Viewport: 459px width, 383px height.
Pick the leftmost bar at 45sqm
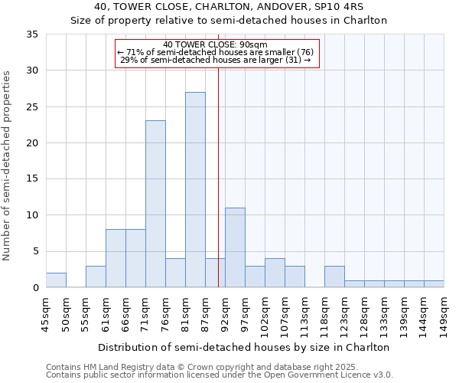56,280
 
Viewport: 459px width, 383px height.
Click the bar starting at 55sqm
96,277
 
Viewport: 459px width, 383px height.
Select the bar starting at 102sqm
275,273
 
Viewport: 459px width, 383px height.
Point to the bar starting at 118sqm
334,277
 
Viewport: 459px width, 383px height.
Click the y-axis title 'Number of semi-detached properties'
8,165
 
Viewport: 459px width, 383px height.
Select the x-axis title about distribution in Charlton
245,347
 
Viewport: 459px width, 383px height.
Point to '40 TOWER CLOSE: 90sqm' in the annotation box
215,44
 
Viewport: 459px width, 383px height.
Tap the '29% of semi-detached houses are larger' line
215,60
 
